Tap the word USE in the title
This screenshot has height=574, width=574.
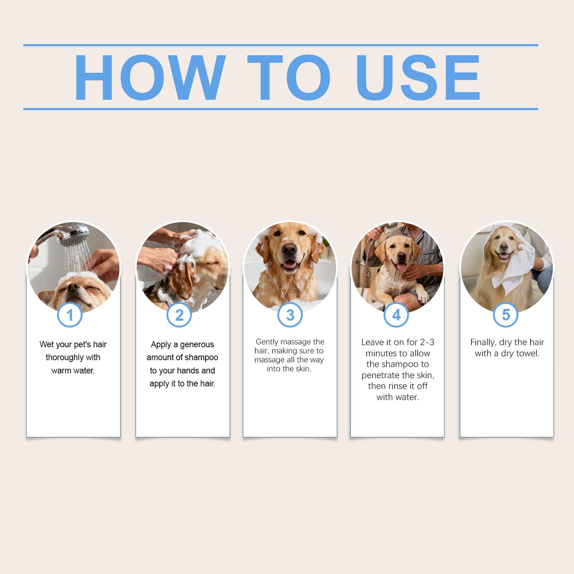click(x=418, y=77)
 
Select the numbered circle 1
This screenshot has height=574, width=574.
click(x=70, y=315)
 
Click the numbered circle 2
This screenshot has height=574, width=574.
click(x=179, y=315)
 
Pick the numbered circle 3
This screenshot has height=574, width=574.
click(x=290, y=315)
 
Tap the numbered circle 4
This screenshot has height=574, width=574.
click(x=396, y=315)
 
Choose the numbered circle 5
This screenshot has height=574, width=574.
click(x=506, y=315)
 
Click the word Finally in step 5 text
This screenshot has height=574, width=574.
click(x=483, y=343)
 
